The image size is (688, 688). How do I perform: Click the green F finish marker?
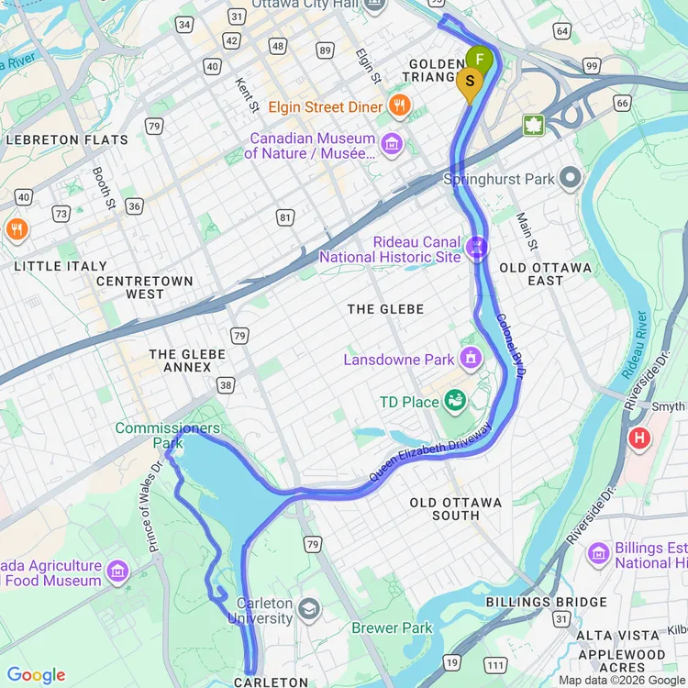479,61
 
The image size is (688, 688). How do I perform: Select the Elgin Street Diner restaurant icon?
398,105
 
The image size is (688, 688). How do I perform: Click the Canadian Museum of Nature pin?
393,143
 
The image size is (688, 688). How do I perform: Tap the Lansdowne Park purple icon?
472,356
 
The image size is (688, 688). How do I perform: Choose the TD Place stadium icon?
454,400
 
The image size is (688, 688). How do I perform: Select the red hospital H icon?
638,438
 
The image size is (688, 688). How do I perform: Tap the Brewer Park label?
392,628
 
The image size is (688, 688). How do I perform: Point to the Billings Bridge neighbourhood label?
546,603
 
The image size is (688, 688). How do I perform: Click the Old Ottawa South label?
456,509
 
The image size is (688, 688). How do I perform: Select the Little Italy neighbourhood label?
61,266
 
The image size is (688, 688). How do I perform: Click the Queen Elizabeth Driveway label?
431,454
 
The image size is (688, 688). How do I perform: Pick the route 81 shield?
286,217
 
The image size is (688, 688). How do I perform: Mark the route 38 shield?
226,385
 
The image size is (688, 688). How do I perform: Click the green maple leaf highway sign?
534,125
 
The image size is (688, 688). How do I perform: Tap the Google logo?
37,676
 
